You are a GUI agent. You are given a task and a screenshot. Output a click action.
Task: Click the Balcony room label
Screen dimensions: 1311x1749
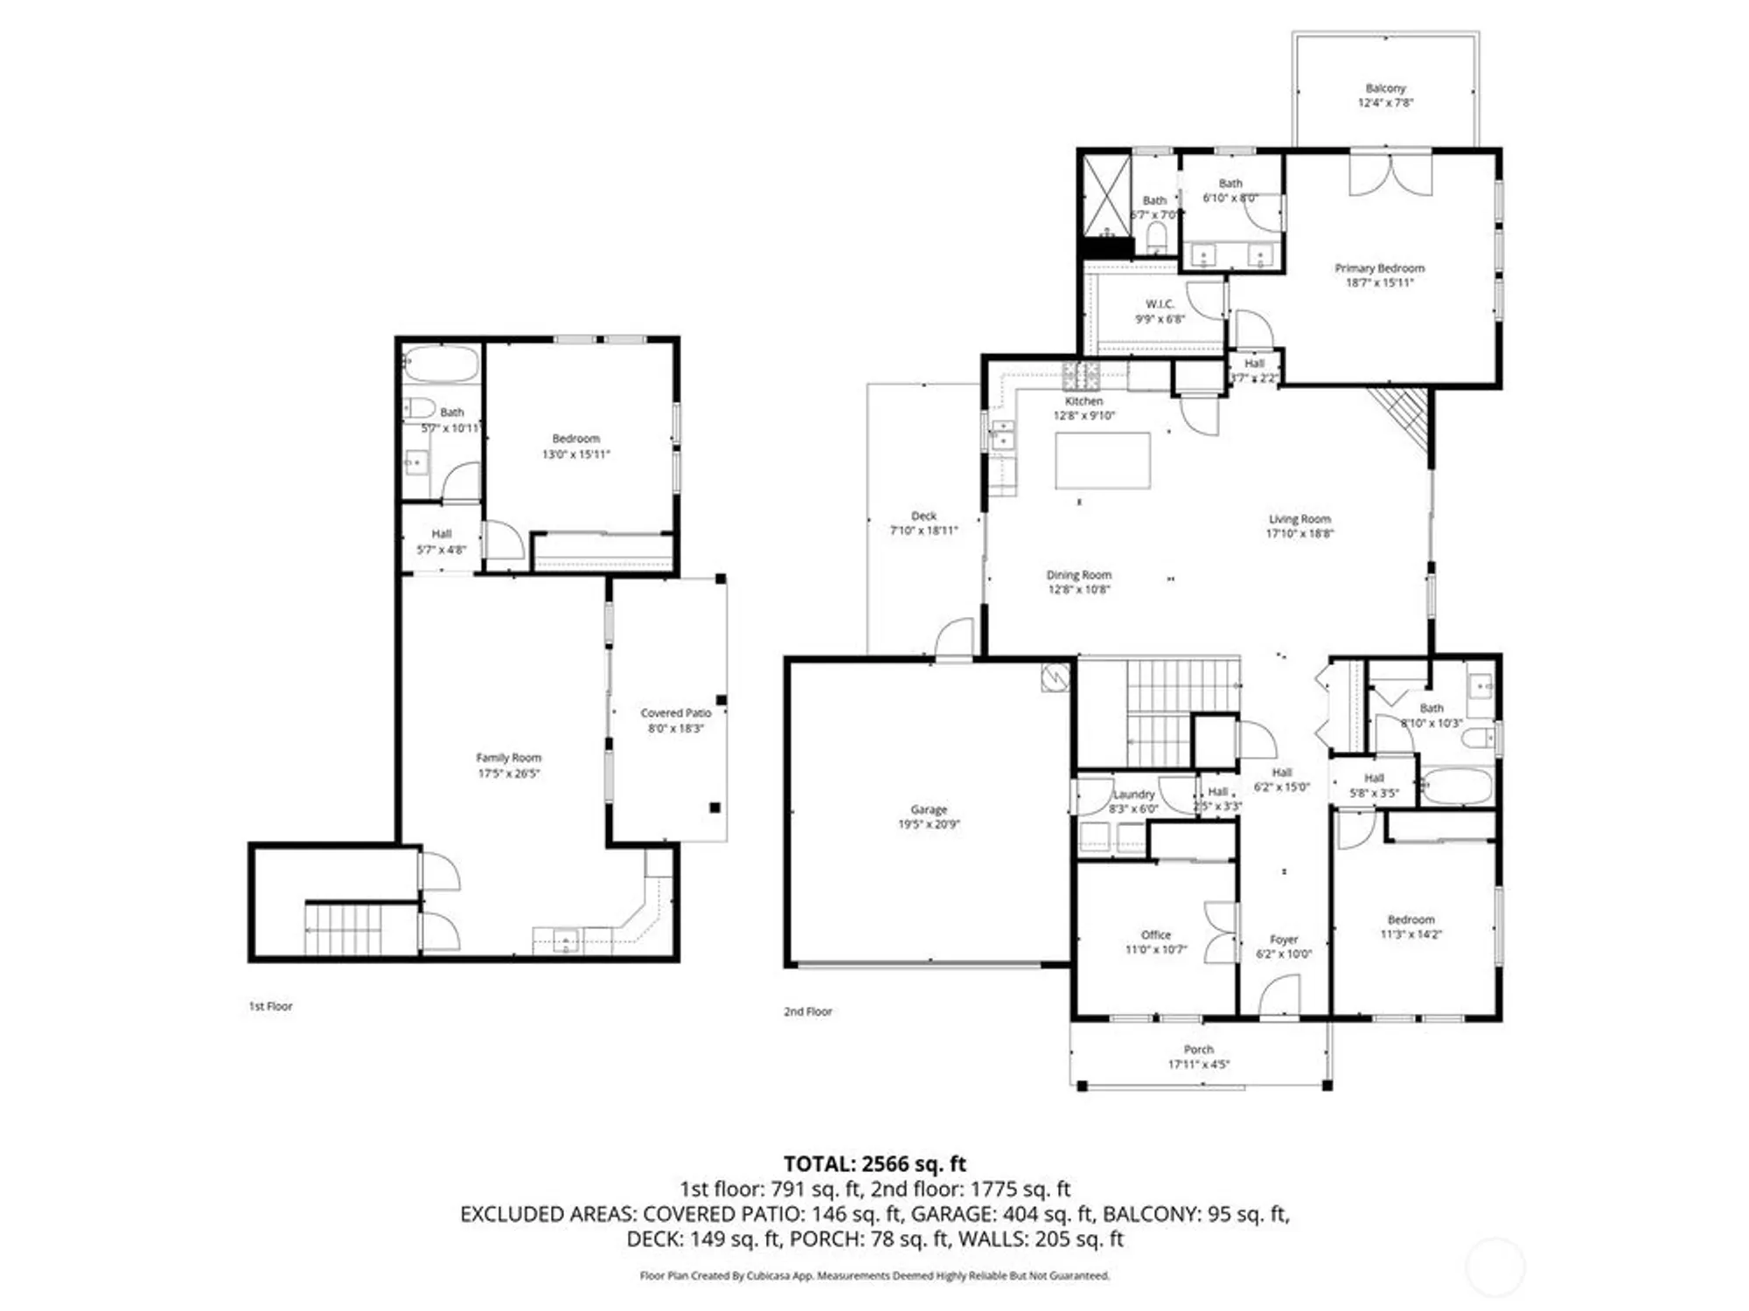point(1385,88)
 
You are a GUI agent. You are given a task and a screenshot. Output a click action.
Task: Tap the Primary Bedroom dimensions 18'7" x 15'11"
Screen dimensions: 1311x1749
point(1379,283)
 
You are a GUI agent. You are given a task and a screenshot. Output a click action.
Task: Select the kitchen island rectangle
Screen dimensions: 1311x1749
point(1102,460)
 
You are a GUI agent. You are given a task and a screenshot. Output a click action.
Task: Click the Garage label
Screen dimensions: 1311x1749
point(928,809)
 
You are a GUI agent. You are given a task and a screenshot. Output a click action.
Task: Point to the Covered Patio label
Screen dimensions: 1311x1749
point(675,713)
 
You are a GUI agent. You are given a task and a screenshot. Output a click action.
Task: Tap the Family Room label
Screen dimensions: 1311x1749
point(508,758)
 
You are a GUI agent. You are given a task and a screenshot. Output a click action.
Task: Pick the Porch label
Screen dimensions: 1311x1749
point(1198,1049)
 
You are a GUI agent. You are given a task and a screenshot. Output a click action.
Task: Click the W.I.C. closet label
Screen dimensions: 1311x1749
point(1160,304)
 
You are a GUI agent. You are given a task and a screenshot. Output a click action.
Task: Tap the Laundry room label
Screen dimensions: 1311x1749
point(1133,794)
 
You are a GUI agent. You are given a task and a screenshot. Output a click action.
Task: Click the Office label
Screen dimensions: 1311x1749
point(1155,934)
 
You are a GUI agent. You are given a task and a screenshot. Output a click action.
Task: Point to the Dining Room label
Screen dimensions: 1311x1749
point(1078,575)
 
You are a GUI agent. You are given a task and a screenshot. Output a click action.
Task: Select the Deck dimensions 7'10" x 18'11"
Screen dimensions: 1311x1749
point(923,531)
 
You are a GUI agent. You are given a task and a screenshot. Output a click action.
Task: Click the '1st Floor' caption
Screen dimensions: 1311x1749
point(270,1006)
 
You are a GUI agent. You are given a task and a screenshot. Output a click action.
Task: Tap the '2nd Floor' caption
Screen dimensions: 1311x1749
point(807,1011)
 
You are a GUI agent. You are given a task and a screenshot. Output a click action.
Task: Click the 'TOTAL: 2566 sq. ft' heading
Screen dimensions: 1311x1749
point(874,1163)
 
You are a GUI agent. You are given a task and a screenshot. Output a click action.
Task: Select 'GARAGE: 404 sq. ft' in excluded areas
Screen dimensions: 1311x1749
point(1002,1214)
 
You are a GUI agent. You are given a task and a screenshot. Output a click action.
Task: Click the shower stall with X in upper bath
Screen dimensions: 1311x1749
point(1106,196)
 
